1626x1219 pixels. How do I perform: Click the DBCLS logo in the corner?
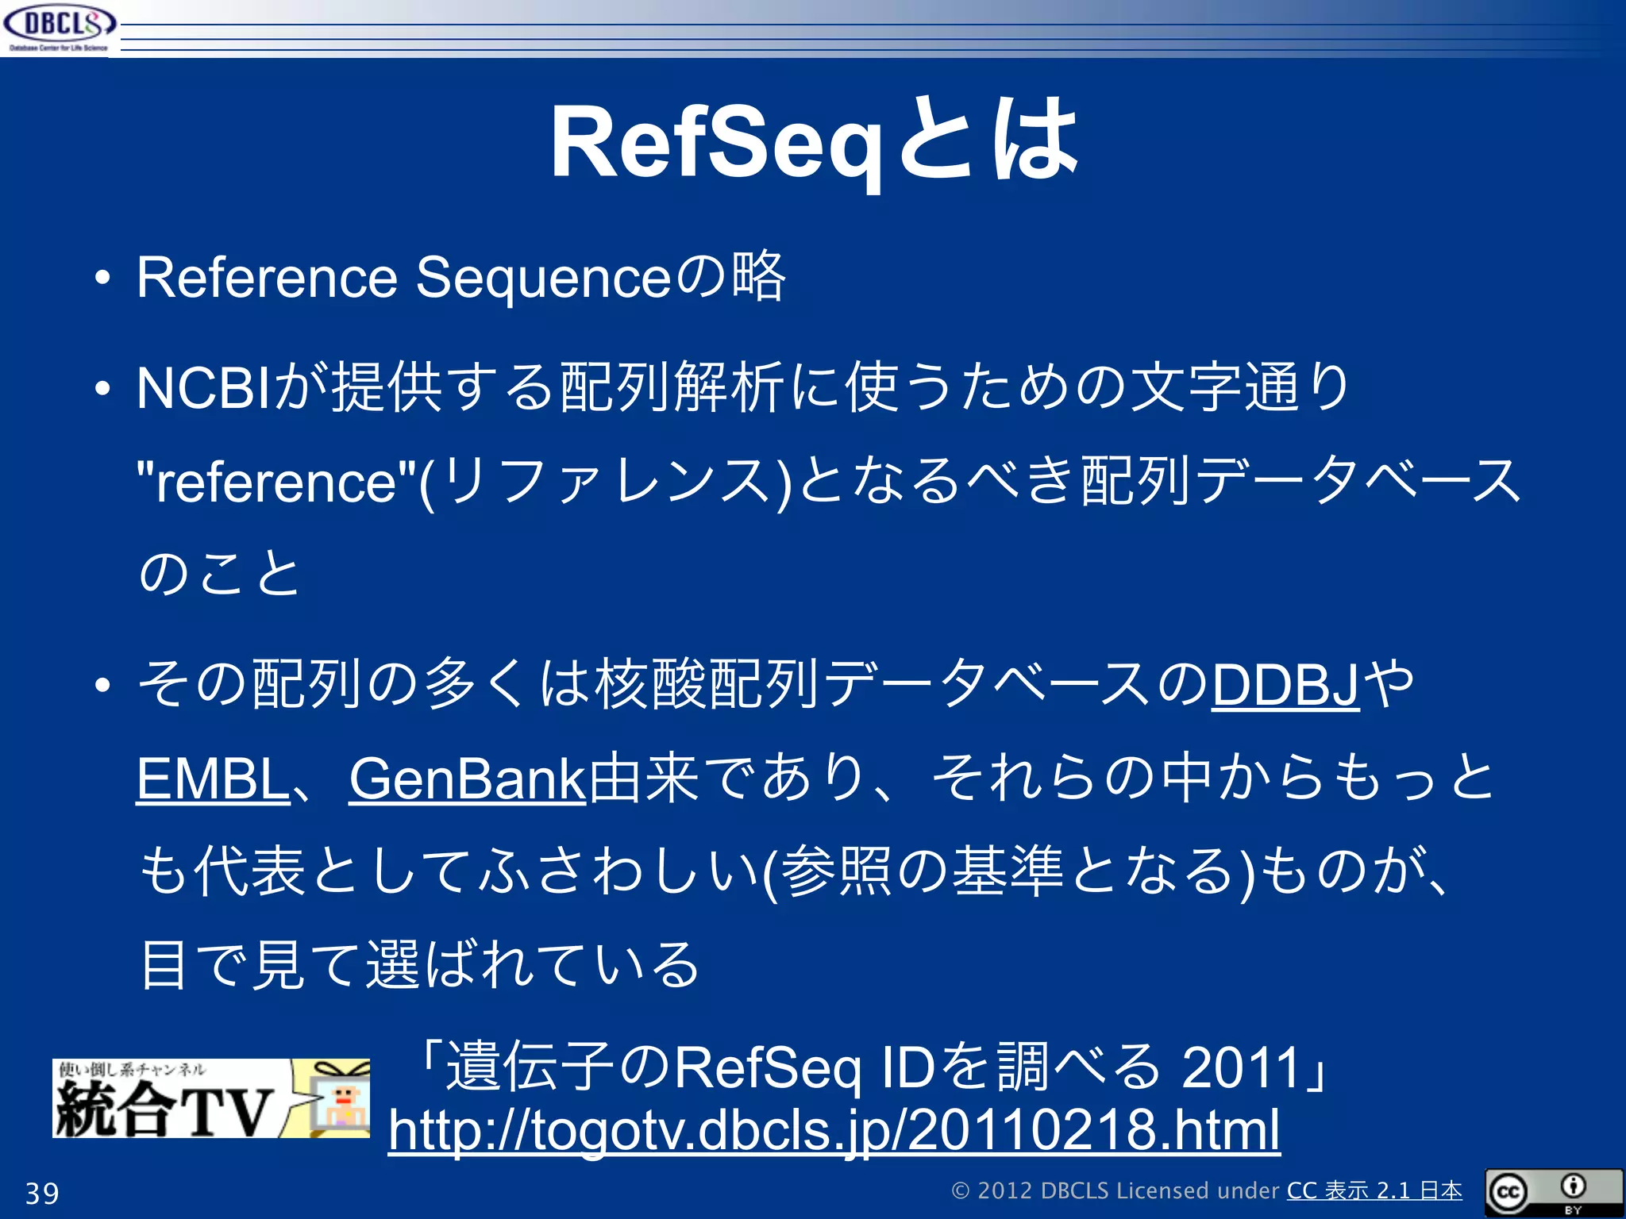[60, 26]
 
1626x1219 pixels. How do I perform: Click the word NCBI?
[202, 389]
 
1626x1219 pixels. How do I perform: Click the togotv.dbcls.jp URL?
[834, 1130]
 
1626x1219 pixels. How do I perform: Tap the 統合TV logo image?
[210, 1098]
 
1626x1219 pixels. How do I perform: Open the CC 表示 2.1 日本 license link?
[1374, 1191]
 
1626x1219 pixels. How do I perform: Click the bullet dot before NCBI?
[102, 390]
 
